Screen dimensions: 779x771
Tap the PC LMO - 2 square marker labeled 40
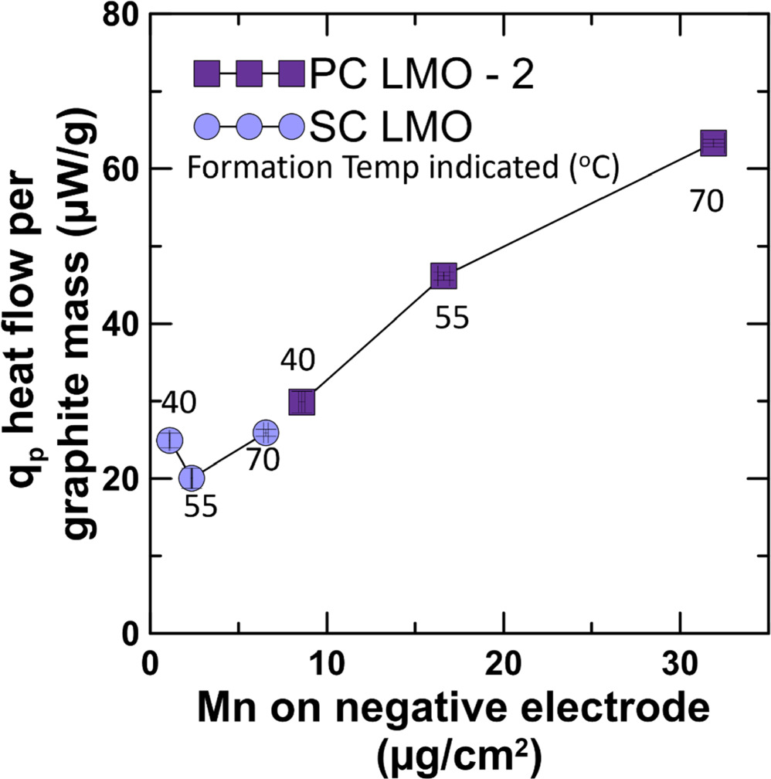pyautogui.click(x=301, y=402)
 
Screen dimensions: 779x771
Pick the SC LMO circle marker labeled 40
pyautogui.click(x=170, y=441)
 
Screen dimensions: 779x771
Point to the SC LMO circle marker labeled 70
pyautogui.click(x=266, y=433)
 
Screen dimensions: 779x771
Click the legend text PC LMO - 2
pyautogui.click(x=422, y=76)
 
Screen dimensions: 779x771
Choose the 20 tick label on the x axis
pyautogui.click(x=504, y=662)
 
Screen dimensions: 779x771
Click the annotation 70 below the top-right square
pyautogui.click(x=706, y=201)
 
